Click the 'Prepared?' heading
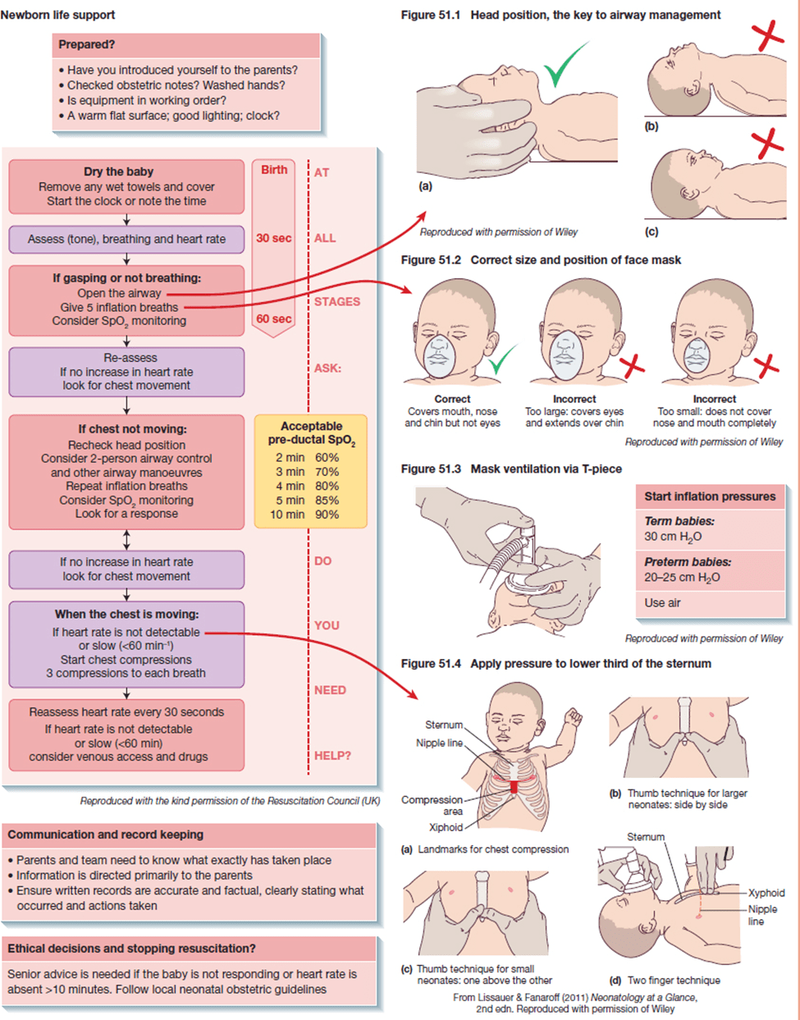pos(87,45)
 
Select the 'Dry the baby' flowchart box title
pos(118,172)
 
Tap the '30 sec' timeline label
pos(273,238)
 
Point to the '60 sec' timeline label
pos(273,318)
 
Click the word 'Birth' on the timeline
pos(274,170)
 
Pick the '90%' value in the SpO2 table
pos(327,515)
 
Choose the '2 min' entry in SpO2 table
pos(290,458)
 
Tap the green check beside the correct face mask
pos(501,359)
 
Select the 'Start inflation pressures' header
pos(709,496)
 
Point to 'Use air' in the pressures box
pos(662,602)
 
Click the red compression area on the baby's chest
pos(514,788)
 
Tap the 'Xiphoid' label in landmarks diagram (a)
pos(446,827)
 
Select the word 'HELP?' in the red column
pos(332,755)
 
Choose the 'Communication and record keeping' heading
pos(106,835)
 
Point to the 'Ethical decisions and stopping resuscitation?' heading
pos(131,948)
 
